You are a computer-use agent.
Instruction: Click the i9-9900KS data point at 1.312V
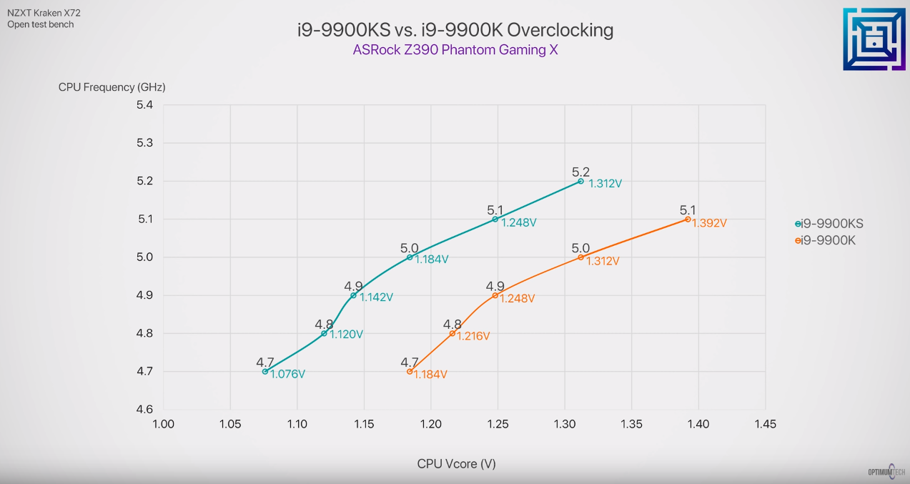580,182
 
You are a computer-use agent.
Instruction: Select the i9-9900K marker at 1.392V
688,219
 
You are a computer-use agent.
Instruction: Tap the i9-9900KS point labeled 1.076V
265,372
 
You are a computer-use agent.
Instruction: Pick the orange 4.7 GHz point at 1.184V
410,372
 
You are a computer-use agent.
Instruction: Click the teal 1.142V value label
376,297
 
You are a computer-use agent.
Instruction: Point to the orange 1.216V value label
473,336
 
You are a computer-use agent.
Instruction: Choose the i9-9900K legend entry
827,240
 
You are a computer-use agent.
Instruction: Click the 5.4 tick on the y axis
144,105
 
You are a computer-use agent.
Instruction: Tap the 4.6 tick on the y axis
144,410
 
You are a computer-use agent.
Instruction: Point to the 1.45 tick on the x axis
765,424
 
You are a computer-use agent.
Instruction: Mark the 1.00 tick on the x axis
164,424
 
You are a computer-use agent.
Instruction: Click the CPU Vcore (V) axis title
456,464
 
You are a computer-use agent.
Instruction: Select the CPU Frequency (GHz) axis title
112,87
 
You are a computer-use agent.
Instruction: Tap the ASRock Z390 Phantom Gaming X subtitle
455,51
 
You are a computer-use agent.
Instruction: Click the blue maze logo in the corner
874,39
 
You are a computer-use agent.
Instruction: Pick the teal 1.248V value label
518,222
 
